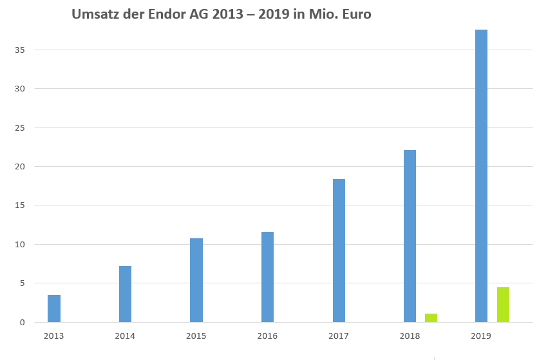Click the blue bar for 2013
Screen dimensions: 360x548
(54, 308)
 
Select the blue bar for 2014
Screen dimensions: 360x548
(125, 294)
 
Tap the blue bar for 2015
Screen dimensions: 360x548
(196, 280)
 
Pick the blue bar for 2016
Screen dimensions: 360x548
(267, 277)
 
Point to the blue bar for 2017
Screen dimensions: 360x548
(339, 251)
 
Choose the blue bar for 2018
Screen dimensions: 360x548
(410, 236)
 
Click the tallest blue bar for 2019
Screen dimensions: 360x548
(481, 176)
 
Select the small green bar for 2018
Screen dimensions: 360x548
(431, 318)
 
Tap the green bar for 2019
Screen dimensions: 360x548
(503, 305)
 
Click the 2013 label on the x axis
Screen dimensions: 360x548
(53, 336)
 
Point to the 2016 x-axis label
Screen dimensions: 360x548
(267, 336)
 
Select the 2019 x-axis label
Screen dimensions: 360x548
(481, 336)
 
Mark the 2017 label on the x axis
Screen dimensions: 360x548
(339, 336)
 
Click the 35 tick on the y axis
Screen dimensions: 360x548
(21, 50)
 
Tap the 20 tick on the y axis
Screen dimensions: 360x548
(21, 167)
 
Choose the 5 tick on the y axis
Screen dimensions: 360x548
(22, 283)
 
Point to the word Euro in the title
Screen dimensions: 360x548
(354, 14)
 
